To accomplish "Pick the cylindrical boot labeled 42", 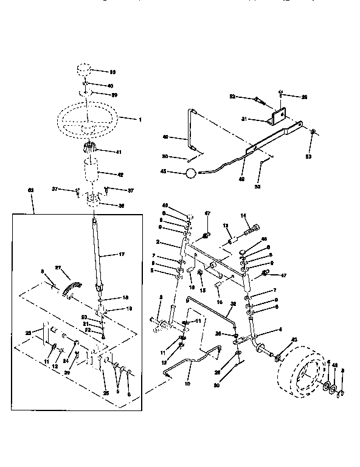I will (x=92, y=172).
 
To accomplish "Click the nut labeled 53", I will (x=312, y=132).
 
